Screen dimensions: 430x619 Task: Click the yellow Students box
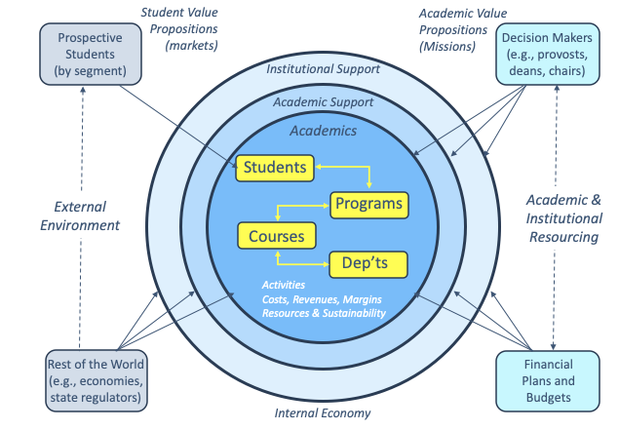(274, 167)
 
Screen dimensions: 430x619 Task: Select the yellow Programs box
(368, 204)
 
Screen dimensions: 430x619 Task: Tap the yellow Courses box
(276, 236)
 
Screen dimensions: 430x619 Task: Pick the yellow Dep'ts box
(368, 263)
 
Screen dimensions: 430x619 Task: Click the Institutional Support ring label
(323, 69)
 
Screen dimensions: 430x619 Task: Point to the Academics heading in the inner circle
(323, 131)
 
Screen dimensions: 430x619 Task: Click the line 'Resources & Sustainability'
(324, 313)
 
